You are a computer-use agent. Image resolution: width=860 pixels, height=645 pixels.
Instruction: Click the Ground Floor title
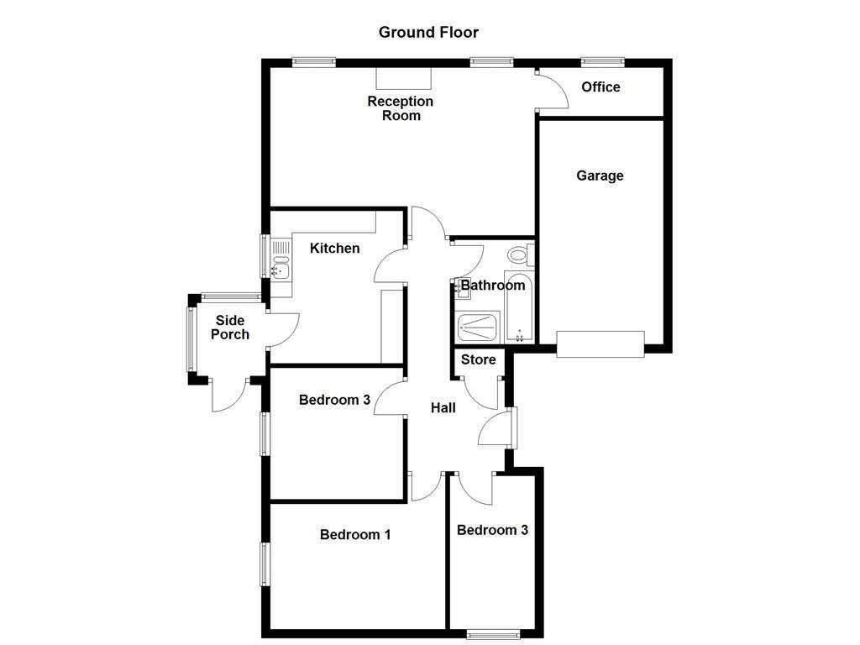coord(428,33)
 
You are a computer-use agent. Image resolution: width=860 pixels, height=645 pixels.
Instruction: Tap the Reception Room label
coord(401,108)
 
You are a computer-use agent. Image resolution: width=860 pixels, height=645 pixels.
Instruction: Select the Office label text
coord(600,87)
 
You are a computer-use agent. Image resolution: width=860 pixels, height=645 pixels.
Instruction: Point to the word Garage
coord(600,176)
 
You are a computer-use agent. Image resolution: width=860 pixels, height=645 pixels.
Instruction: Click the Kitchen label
coord(334,249)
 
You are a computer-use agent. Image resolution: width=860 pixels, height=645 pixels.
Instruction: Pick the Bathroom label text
coord(493,286)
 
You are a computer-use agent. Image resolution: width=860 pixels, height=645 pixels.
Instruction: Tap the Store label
coord(479,360)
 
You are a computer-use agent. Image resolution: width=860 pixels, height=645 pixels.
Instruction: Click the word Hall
coord(443,408)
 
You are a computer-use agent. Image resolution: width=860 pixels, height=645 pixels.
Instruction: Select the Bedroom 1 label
coord(355,535)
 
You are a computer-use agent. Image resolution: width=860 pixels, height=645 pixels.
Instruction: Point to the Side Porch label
coord(230,328)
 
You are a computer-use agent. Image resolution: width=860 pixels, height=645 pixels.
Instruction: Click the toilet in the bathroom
coord(517,254)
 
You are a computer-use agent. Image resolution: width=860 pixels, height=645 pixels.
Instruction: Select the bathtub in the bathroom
coord(518,307)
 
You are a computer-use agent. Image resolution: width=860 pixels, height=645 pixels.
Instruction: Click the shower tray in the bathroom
coord(478,327)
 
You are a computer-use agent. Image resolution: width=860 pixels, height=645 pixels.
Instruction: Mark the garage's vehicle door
coord(600,343)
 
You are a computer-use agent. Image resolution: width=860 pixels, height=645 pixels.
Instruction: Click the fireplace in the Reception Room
coord(403,78)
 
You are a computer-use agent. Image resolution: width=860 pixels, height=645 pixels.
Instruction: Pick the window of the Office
coord(602,61)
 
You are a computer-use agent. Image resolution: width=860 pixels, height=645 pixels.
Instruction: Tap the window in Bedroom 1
coord(265,564)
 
